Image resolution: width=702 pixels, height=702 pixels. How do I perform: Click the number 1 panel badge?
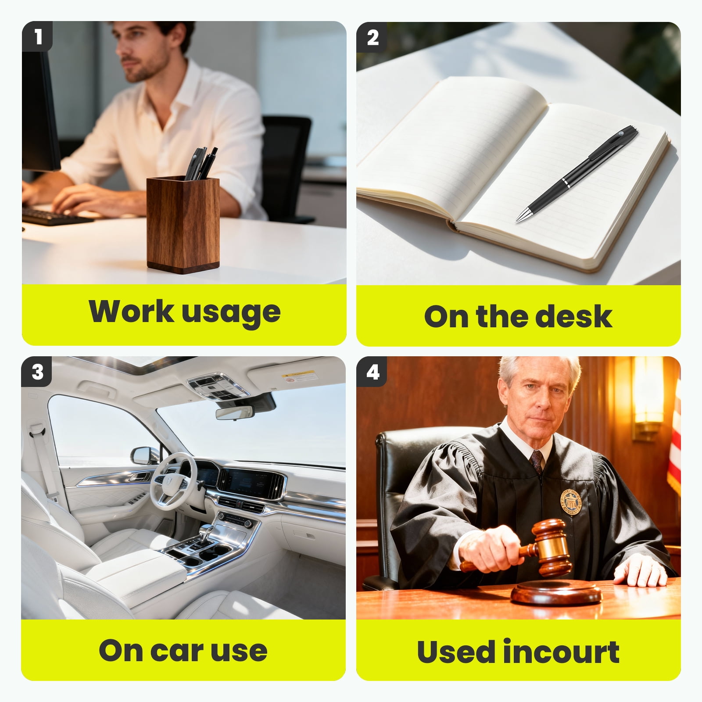point(37,36)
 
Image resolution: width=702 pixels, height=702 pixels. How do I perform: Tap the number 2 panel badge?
point(372,37)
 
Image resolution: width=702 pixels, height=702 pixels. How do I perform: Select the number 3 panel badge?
point(37,372)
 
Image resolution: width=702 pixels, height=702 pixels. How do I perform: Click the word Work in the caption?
point(131,311)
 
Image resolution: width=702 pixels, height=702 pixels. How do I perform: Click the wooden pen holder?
point(183,224)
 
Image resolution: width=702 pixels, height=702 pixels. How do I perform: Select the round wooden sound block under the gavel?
point(556,593)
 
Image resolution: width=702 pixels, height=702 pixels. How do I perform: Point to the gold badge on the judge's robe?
point(571,502)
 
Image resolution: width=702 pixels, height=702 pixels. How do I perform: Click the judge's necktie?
point(537,463)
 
